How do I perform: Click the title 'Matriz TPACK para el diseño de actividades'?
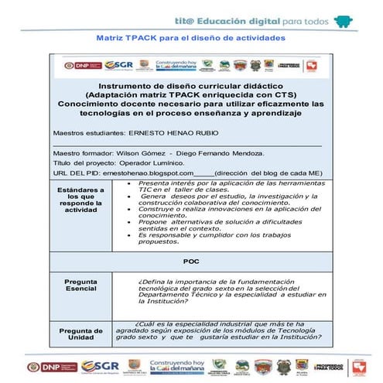click(x=190, y=37)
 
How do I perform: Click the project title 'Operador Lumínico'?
click(x=157, y=162)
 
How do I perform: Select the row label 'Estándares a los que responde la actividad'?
click(x=81, y=199)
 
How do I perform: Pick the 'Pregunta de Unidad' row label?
click(x=81, y=335)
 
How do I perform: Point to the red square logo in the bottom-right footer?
click(x=358, y=366)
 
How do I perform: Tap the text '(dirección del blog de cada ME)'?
click(x=268, y=173)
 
